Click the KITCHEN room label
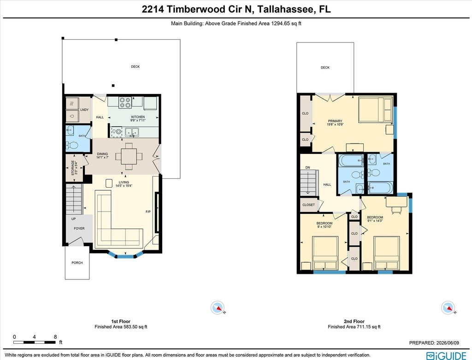138,117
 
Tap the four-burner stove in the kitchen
125,102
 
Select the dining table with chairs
129,156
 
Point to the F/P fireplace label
148,212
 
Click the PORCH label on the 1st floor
77,263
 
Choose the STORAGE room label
72,168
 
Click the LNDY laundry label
85,110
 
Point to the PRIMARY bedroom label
335,121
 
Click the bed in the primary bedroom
376,110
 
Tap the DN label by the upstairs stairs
307,168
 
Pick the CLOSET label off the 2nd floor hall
308,205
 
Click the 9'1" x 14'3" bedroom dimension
375,221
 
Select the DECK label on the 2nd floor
325,67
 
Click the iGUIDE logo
446,355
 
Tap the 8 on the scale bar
55,337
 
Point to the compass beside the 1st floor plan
218,307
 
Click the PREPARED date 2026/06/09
448,343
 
